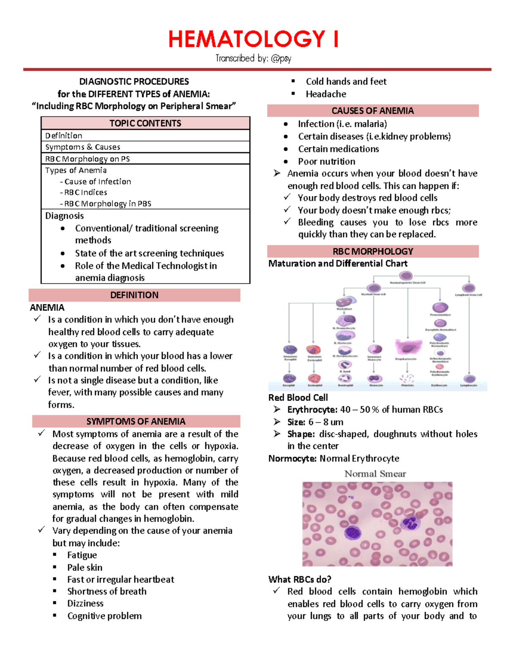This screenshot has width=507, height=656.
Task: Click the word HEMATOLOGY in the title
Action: (247, 39)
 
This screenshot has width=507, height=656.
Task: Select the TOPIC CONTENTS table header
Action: (145, 123)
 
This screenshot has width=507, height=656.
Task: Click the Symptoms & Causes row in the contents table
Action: (83, 147)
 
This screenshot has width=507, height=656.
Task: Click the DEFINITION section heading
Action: (134, 295)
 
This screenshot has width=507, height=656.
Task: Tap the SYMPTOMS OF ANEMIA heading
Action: (136, 422)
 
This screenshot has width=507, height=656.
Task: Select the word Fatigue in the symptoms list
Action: (82, 555)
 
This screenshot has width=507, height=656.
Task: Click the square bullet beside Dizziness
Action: (55, 603)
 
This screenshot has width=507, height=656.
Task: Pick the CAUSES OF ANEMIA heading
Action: (373, 111)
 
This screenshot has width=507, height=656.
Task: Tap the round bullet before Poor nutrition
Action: (286, 161)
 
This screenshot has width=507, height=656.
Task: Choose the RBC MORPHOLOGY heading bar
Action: (373, 251)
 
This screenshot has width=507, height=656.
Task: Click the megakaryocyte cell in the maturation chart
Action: (408, 347)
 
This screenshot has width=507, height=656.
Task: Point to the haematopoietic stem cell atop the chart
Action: (406, 276)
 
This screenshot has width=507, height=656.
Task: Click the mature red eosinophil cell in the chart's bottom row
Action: (314, 378)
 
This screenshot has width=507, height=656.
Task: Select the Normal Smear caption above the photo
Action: (375, 474)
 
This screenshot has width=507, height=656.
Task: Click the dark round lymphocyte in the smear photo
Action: (352, 533)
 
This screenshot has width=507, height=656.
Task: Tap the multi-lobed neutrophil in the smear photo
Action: (409, 524)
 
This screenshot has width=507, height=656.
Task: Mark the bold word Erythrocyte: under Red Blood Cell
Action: (312, 409)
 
